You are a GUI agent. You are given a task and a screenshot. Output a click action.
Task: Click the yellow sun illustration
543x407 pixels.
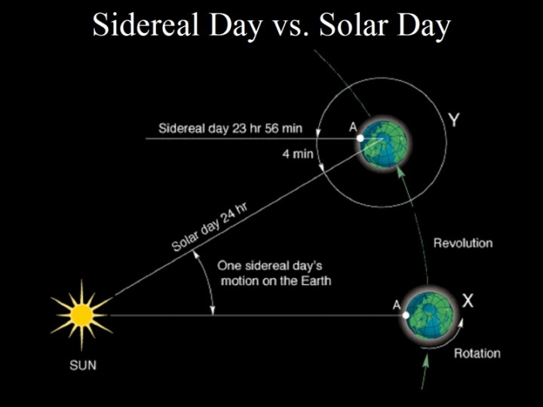[81, 314]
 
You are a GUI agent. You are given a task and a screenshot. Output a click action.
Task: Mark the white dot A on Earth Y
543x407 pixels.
[360, 138]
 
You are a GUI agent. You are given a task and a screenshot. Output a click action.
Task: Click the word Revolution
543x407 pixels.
[463, 243]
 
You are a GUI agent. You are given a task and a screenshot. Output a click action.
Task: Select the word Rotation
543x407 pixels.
[477, 353]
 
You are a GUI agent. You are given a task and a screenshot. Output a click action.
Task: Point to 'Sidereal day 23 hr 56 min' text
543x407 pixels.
[230, 128]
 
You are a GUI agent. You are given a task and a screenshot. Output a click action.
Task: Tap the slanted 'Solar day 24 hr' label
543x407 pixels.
[210, 231]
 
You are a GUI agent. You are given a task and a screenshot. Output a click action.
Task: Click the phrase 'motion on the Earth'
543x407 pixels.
[275, 280]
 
